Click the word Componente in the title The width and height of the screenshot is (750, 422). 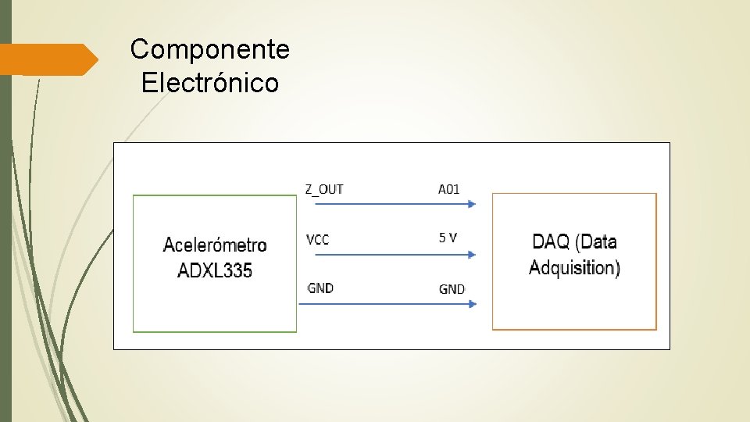209,50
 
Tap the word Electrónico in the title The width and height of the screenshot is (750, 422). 209,82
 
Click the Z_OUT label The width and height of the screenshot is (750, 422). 323,189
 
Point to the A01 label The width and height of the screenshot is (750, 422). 448,189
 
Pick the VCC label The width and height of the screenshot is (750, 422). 317,240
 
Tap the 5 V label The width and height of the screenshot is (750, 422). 448,238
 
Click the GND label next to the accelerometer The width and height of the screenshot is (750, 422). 320,288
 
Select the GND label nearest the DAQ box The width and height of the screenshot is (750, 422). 452,289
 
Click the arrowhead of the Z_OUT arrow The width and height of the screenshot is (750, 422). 472,204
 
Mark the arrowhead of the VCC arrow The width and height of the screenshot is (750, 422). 472,254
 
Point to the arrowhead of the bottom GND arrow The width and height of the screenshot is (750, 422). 472,303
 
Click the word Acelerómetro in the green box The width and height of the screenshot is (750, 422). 215,245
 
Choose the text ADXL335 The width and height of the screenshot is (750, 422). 215,271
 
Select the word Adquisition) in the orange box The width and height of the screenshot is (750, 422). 574,268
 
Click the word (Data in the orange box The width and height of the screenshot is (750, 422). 598,241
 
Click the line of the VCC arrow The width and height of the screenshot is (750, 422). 383,254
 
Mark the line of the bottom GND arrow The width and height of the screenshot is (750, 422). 383,303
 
